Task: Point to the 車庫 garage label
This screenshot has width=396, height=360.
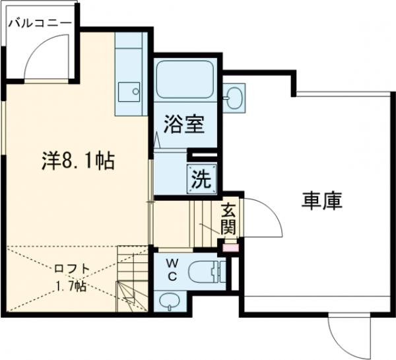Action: click(x=322, y=201)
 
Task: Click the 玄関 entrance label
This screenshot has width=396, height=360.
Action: click(x=228, y=219)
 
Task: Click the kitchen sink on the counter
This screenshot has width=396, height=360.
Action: click(x=131, y=90)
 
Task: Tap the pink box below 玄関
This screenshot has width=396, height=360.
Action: click(x=229, y=248)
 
